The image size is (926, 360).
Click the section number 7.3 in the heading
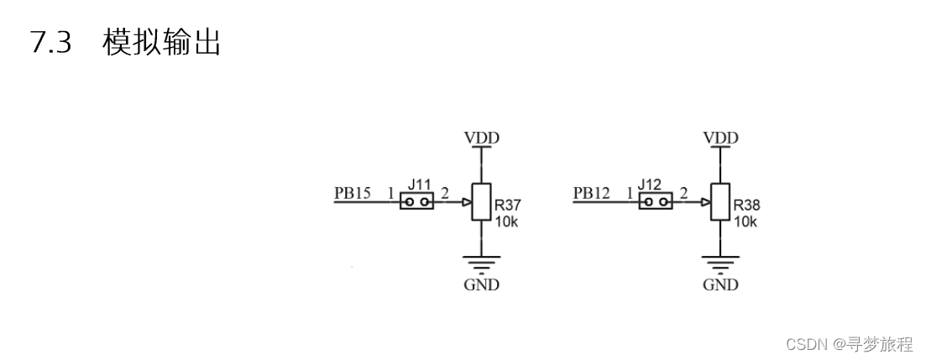50,42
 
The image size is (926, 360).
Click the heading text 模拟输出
161,42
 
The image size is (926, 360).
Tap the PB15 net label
353,193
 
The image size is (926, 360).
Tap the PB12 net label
591,193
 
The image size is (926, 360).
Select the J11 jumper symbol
416,201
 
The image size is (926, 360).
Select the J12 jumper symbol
656,201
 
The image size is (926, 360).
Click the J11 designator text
417,184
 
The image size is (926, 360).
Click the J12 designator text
650,184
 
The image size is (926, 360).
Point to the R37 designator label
508,204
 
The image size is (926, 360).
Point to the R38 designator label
746,204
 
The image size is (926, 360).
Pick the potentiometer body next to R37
481,201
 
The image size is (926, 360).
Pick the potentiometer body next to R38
720,201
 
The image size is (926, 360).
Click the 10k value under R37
505,222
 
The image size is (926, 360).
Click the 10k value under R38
745,222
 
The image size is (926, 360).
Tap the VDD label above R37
481,138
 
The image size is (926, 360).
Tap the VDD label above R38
720,138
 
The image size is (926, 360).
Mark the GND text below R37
481,285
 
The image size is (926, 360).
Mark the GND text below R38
720,285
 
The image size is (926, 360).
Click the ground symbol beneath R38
720,265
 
